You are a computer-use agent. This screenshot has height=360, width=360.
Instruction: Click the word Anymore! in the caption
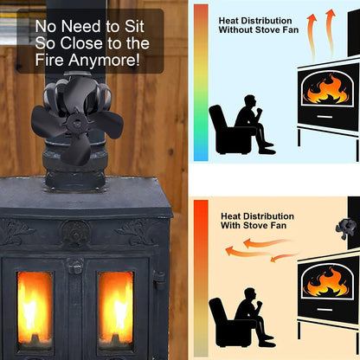pyautogui.click(x=104, y=61)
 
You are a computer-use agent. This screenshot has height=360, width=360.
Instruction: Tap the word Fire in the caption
pyautogui.click(x=49, y=60)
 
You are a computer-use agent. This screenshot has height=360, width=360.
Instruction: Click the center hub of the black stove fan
pyautogui.click(x=76, y=124)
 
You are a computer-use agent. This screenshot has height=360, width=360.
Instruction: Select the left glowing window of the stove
pyautogui.click(x=35, y=308)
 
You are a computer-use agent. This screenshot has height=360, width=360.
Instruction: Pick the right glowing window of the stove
pyautogui.click(x=116, y=308)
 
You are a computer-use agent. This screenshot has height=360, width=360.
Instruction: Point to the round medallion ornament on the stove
pyautogui.click(x=75, y=231)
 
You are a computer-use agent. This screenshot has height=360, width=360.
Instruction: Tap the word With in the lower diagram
pyautogui.click(x=231, y=225)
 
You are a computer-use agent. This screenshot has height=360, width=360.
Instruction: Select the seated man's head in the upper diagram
pyautogui.click(x=250, y=102)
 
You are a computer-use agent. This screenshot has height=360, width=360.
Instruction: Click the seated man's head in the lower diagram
pyautogui.click(x=250, y=295)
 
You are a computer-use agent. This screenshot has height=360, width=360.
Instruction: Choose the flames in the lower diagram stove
pyautogui.click(x=328, y=282)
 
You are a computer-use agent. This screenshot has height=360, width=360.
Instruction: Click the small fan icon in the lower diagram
pyautogui.click(x=346, y=228)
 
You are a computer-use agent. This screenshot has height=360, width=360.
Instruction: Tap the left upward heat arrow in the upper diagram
pyautogui.click(x=312, y=37)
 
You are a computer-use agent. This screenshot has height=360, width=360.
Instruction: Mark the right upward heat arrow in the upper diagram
pyautogui.click(x=331, y=34)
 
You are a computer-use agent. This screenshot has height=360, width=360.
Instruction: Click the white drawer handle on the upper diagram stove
pyautogui.click(x=325, y=117)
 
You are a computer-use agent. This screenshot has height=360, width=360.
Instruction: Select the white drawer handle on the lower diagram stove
pyautogui.click(x=325, y=310)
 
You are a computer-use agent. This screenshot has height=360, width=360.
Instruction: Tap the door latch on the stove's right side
pyautogui.click(x=159, y=280)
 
